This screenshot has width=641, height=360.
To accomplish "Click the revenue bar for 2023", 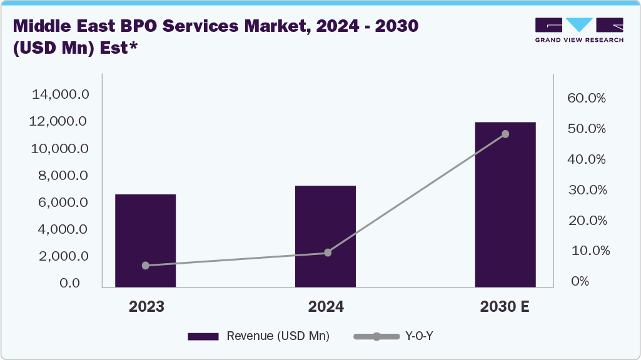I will tap(145, 241).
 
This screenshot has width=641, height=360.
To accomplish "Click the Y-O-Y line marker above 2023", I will tap(146, 266).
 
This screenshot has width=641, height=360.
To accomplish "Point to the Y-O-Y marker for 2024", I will tap(328, 252).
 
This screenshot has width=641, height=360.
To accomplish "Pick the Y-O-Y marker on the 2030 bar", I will tap(505, 134).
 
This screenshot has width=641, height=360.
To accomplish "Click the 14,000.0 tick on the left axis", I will tap(61, 94).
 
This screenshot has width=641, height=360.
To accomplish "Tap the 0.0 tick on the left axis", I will tap(74, 283).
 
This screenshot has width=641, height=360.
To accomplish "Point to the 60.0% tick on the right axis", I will tap(587, 98).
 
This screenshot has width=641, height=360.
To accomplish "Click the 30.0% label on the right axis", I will tap(587, 190).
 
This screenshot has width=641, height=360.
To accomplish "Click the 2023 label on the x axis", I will tap(146, 307).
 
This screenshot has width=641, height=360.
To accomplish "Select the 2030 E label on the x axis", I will tap(505, 307).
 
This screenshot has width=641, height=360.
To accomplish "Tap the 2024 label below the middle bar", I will tap(326, 307).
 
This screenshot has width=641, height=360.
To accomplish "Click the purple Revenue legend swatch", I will tap(203, 336).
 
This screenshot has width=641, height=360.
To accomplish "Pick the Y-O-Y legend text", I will tap(420, 336).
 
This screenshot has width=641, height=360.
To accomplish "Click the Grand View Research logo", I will tap(578, 30).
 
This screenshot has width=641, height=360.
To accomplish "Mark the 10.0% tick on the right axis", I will tap(587, 251).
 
